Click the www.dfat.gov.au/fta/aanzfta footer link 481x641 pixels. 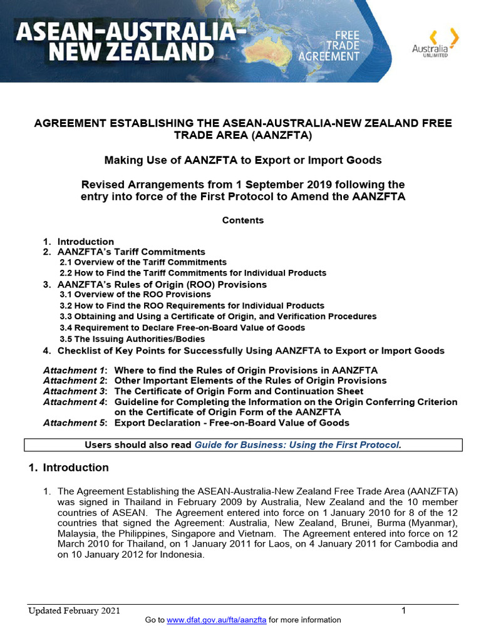tap(217, 620)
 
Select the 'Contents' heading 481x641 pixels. tap(243, 220)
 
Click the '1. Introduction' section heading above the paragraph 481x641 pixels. tap(69, 468)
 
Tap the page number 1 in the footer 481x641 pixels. tap(404, 610)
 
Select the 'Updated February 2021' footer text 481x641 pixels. tap(74, 611)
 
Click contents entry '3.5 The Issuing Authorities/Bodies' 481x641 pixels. tap(132, 339)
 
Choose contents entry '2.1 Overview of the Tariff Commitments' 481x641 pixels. tap(143, 262)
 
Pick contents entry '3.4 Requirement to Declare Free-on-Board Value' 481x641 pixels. tap(182, 327)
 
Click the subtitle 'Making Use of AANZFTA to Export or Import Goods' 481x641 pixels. tap(243, 160)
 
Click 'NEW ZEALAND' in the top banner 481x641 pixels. tap(132, 52)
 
